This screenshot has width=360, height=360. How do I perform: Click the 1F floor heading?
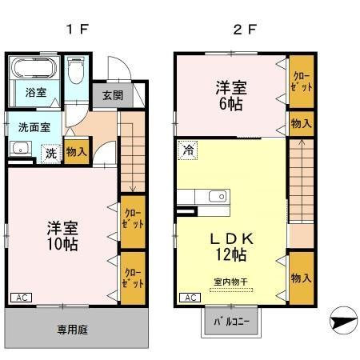(x=77, y=30)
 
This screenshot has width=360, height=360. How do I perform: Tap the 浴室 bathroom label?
(x=34, y=92)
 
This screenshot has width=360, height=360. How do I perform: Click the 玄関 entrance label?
(x=112, y=94)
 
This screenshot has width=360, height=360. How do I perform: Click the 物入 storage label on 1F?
(x=77, y=152)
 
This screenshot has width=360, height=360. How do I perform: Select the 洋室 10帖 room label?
(x=61, y=234)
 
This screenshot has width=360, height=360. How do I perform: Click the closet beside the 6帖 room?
(x=301, y=82)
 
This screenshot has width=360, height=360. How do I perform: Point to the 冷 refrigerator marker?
(x=188, y=150)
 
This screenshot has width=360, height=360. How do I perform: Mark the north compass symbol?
(x=342, y=322)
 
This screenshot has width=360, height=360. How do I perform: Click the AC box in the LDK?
(x=189, y=298)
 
